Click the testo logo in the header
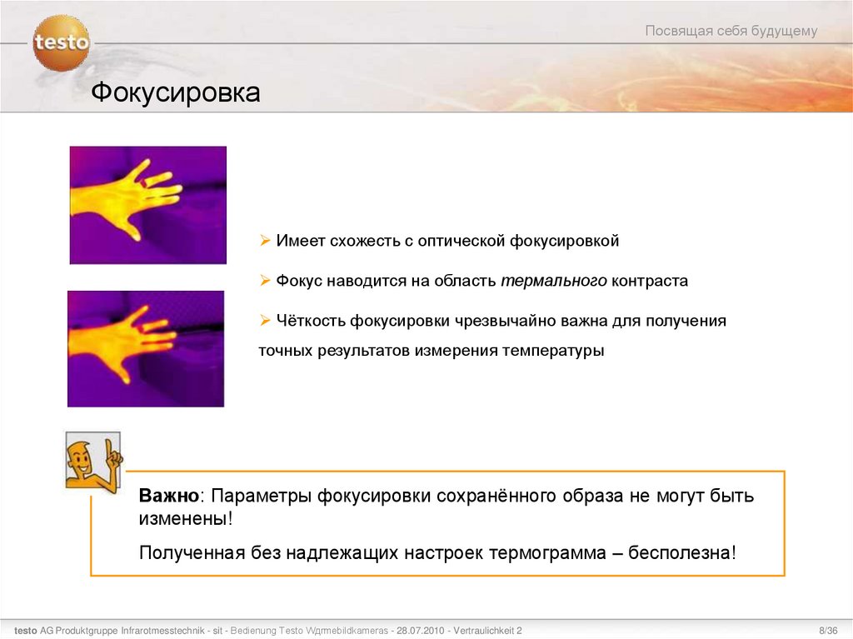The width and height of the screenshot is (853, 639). [x=61, y=42]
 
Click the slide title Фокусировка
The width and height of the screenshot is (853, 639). [x=176, y=92]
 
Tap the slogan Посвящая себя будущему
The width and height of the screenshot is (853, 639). [x=731, y=31]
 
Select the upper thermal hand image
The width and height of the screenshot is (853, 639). [x=147, y=205]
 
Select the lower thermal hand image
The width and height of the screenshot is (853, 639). [x=146, y=348]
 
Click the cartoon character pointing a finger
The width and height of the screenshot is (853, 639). [x=92, y=459]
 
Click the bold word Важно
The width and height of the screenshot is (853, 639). [x=169, y=497]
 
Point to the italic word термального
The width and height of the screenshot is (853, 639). [x=553, y=281]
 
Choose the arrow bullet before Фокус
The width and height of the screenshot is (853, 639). [x=264, y=281]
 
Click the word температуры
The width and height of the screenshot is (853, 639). [x=552, y=351]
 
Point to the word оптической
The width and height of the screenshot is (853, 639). [x=463, y=241]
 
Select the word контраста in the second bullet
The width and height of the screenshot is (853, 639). [x=650, y=281]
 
